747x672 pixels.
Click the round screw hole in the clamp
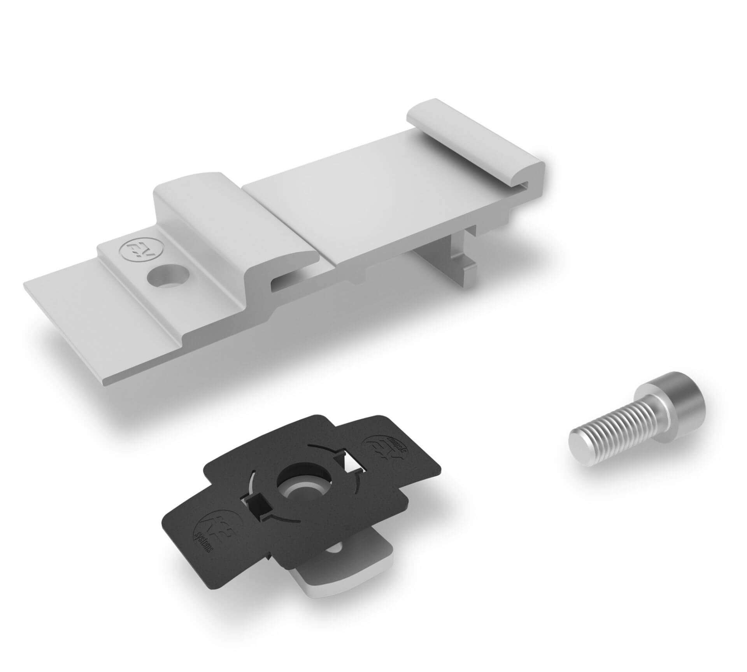coord(167,277)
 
